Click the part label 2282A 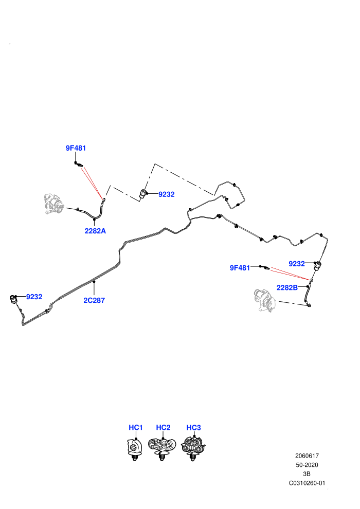[x=95, y=231]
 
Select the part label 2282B [x=287, y=287]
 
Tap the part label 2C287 [x=94, y=301]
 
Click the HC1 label [x=136, y=428]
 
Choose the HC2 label [x=163, y=428]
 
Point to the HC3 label [x=193, y=428]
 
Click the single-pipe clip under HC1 [x=134, y=449]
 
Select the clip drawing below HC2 [x=162, y=449]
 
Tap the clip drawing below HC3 [x=193, y=449]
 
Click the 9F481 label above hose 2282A [x=76, y=148]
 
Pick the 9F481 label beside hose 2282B [x=240, y=268]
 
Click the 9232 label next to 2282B [x=297, y=264]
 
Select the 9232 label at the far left [x=34, y=297]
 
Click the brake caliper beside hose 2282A [x=55, y=204]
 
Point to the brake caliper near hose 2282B [x=264, y=300]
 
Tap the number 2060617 [x=307, y=456]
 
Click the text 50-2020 [x=307, y=465]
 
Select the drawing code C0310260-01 [x=307, y=483]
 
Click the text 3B [x=307, y=474]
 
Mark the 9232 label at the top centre [x=167, y=194]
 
